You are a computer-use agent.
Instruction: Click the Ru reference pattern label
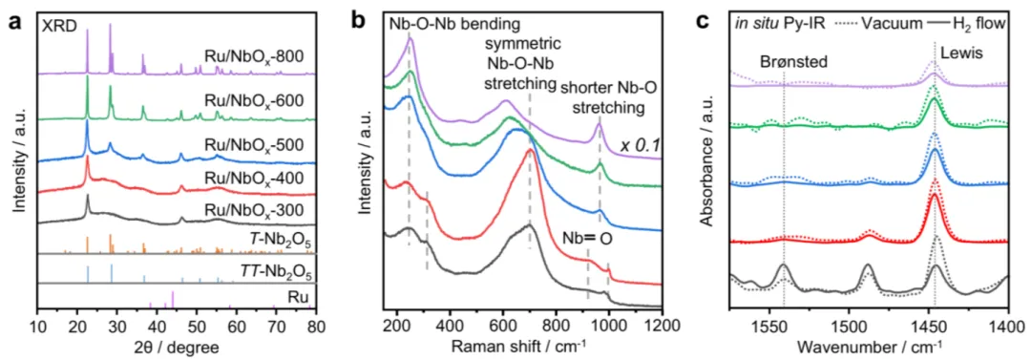tap(301, 297)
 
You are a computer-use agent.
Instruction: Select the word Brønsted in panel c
tap(787, 63)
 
